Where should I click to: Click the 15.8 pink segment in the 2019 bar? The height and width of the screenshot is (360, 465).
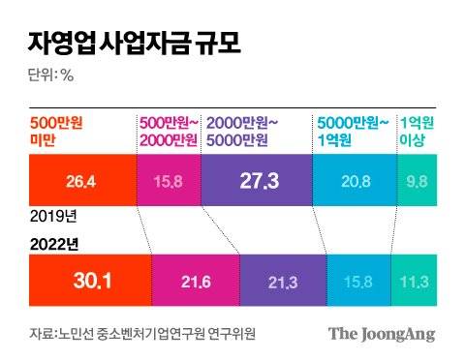(169, 181)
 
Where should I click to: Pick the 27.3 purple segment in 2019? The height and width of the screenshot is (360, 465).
(258, 181)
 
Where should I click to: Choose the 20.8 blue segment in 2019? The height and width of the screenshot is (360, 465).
(355, 181)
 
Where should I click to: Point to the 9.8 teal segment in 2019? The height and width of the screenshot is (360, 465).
(418, 181)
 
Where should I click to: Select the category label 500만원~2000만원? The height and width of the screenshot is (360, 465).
(169, 132)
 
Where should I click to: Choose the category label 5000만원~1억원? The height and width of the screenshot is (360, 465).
(354, 132)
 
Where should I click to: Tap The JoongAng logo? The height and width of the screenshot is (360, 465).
(382, 334)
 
